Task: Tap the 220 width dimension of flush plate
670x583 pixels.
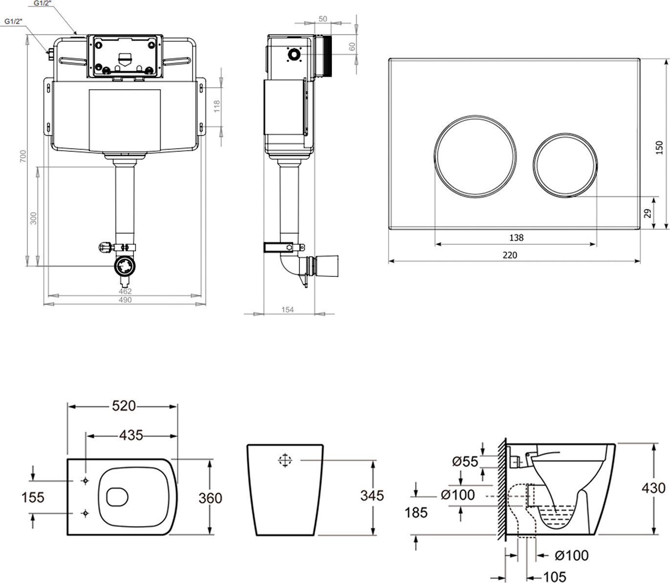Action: click(x=509, y=254)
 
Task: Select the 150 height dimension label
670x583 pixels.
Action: click(x=660, y=147)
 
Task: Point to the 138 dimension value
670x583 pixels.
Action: click(x=516, y=238)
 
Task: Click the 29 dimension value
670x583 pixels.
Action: click(x=648, y=213)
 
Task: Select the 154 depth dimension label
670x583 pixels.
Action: click(x=288, y=309)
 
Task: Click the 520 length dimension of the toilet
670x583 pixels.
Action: click(x=123, y=406)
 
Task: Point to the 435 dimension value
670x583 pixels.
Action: click(x=131, y=435)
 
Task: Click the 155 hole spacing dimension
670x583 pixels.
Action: click(x=33, y=497)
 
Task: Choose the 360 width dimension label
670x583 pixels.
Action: click(x=210, y=498)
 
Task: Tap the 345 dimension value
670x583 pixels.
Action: click(x=372, y=495)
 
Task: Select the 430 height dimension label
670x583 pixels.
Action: click(x=653, y=488)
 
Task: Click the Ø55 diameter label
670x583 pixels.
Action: click(x=465, y=461)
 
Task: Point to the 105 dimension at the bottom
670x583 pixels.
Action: click(x=555, y=577)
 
